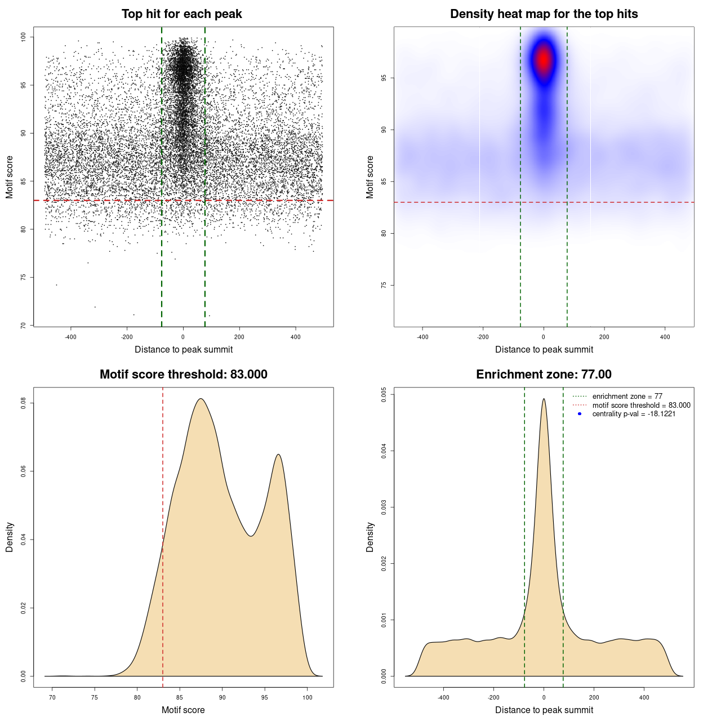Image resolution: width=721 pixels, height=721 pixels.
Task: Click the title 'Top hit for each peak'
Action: [182, 14]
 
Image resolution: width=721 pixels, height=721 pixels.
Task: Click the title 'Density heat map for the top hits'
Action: [544, 14]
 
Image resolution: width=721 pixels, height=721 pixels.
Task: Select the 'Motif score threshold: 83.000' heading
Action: [183, 375]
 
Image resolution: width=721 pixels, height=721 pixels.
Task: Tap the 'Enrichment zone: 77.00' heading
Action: [544, 375]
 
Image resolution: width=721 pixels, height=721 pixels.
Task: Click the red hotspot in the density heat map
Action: [544, 59]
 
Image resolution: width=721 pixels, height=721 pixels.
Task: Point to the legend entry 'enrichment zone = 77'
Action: [627, 397]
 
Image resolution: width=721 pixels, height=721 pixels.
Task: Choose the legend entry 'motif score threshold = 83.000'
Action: [641, 405]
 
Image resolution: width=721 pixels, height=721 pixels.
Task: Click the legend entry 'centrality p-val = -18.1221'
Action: [634, 414]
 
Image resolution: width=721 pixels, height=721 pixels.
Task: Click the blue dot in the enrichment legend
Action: [580, 414]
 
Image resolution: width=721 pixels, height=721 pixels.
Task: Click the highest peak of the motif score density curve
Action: [200, 399]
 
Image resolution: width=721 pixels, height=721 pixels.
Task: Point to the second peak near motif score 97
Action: [278, 455]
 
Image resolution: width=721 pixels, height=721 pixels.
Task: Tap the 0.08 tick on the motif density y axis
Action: [23, 403]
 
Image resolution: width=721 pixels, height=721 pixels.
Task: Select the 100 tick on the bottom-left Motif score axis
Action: [307, 697]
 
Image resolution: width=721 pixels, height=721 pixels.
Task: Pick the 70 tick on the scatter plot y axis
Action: [23, 325]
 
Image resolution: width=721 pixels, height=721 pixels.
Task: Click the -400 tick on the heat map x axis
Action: [422, 337]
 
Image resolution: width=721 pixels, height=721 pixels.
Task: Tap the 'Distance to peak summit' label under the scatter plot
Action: [184, 350]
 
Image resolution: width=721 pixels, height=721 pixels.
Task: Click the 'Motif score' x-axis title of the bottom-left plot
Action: [183, 710]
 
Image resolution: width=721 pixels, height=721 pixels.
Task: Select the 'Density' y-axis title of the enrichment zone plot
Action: [370, 537]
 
